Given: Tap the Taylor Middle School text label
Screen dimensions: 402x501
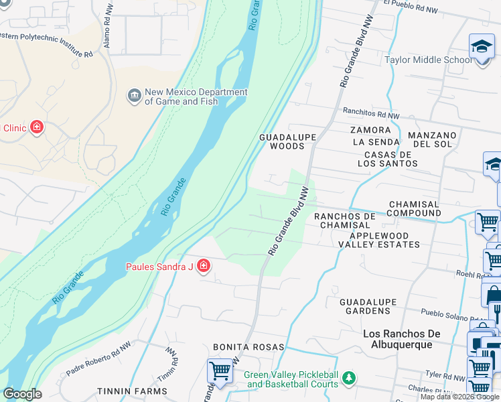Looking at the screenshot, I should click(428, 60).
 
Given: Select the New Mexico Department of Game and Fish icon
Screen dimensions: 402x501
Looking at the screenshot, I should click(134, 96).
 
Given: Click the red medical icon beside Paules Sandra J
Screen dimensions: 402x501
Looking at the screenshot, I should click(203, 267).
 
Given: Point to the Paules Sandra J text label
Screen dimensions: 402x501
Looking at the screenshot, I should click(159, 267).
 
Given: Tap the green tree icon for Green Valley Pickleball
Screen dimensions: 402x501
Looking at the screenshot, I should click(348, 379).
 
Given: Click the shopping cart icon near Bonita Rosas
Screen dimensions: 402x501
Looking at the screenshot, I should click(220, 370).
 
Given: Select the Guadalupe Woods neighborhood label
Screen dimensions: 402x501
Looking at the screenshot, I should click(287, 141).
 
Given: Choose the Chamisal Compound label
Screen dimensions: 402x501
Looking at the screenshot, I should click(414, 209).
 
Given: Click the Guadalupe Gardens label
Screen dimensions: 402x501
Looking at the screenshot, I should click(368, 306).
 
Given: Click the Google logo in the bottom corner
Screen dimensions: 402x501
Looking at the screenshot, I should click(22, 394).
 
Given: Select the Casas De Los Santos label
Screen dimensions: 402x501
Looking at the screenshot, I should click(387, 159).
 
